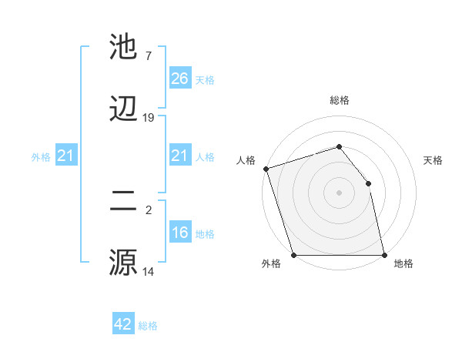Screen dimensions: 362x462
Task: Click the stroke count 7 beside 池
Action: pyautogui.click(x=149, y=56)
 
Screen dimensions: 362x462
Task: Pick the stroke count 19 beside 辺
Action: pyautogui.click(x=149, y=117)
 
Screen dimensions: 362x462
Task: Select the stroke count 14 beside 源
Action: pyautogui.click(x=149, y=271)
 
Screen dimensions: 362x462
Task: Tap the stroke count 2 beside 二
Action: pyautogui.click(x=149, y=209)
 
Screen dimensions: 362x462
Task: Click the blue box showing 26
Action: pyautogui.click(x=180, y=79)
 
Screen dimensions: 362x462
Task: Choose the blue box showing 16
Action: pyautogui.click(x=180, y=233)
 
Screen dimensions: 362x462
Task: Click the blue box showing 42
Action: pyautogui.click(x=123, y=324)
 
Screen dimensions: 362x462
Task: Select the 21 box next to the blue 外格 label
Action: pyautogui.click(x=66, y=156)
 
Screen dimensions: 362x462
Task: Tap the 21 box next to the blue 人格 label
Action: pyautogui.click(x=180, y=156)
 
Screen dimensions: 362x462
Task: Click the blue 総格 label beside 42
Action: pyautogui.click(x=148, y=326)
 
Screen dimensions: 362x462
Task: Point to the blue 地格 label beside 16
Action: pyautogui.click(x=205, y=234)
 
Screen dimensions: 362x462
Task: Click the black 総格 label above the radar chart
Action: pyautogui.click(x=340, y=100)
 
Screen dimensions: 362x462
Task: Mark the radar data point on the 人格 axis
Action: pyautogui.click(x=266, y=169)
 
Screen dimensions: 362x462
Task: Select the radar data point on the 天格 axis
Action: pyautogui.click(x=368, y=183)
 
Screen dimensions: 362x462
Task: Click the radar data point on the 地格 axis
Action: pyautogui.click(x=384, y=255)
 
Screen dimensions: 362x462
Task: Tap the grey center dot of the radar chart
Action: pyautogui.click(x=340, y=193)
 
